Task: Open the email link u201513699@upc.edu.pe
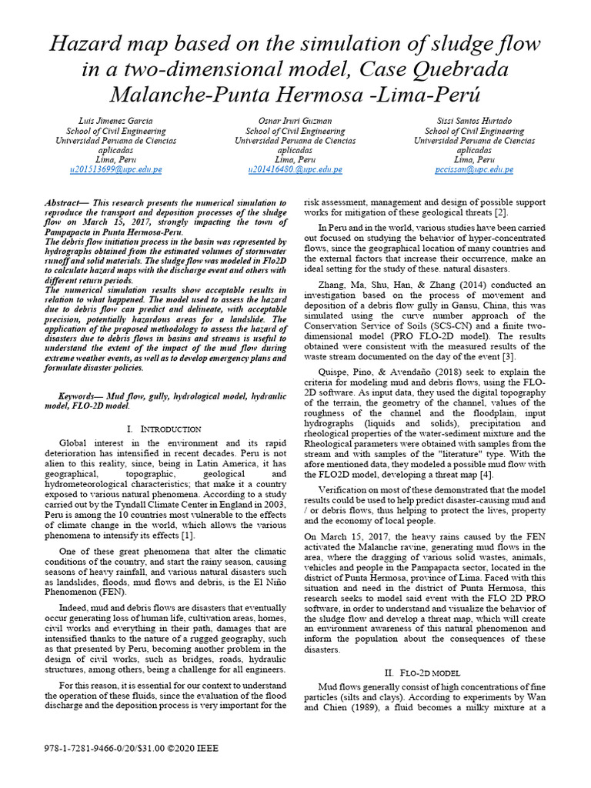click(x=116, y=169)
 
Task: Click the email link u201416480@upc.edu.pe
click(x=295, y=169)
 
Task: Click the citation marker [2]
click(x=500, y=212)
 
